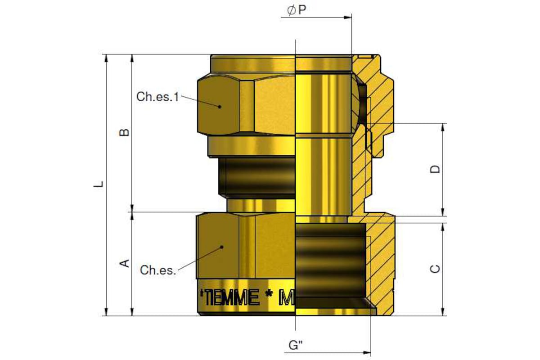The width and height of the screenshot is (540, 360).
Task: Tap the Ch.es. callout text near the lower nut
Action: tap(158, 270)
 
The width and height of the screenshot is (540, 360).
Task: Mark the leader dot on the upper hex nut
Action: tap(220, 107)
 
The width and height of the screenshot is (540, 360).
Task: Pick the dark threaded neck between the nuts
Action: tap(256, 178)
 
